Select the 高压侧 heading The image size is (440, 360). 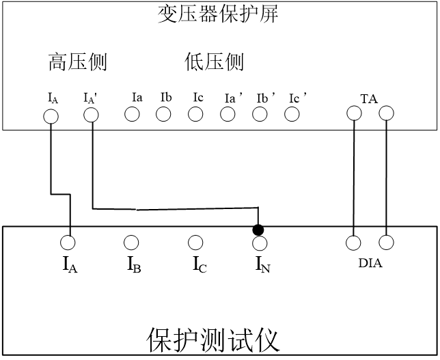click(x=78, y=63)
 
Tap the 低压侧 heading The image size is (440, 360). click(x=215, y=63)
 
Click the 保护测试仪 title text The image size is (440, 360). click(x=213, y=340)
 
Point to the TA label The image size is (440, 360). click(x=369, y=98)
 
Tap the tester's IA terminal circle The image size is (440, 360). click(x=68, y=243)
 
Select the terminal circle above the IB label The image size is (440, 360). click(x=131, y=243)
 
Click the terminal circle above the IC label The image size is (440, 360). click(x=195, y=243)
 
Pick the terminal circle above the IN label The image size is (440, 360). click(x=260, y=243)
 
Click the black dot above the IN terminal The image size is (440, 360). click(x=258, y=230)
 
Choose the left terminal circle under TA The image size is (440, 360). click(x=353, y=114)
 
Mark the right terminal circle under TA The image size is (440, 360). click(x=386, y=114)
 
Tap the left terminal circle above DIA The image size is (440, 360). click(x=353, y=243)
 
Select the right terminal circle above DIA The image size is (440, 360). click(x=386, y=243)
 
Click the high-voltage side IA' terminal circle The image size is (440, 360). click(x=91, y=116)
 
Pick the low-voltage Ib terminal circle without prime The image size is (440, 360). click(x=163, y=114)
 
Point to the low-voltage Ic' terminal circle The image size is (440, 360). click(x=292, y=114)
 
